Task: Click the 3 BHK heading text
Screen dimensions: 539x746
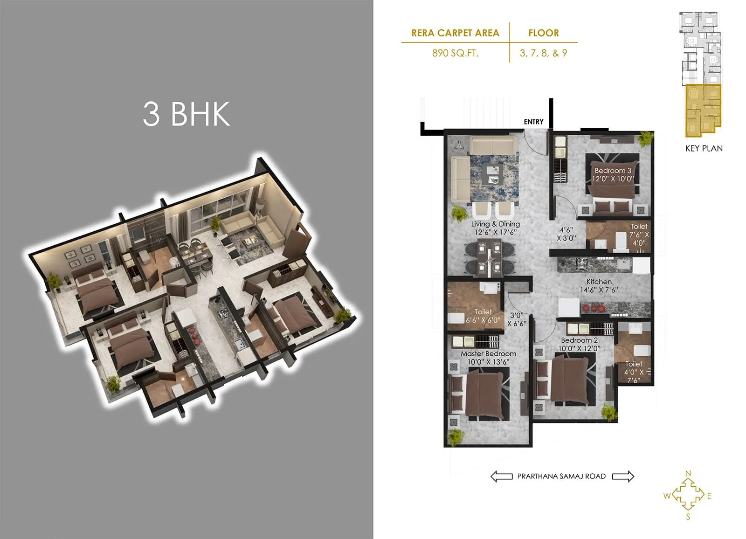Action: (x=186, y=113)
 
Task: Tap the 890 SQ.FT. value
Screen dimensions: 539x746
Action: (x=455, y=53)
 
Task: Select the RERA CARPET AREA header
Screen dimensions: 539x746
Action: (x=455, y=33)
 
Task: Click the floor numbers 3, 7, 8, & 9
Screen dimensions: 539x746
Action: (x=543, y=53)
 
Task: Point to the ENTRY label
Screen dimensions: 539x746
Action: (x=533, y=122)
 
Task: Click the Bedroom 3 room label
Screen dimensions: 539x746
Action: (x=613, y=174)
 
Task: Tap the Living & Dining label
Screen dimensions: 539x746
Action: (x=495, y=228)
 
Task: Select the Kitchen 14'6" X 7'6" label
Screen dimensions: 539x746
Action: (x=599, y=285)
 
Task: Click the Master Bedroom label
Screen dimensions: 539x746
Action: (x=488, y=358)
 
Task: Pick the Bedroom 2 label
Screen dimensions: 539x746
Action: (x=579, y=344)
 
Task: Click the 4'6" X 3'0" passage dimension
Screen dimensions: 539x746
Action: (x=566, y=234)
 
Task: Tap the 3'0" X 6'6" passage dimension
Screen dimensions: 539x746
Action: (x=517, y=319)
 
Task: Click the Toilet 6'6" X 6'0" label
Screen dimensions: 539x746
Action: (x=483, y=316)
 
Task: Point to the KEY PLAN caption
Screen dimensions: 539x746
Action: (x=704, y=148)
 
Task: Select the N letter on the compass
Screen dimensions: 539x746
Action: (x=688, y=474)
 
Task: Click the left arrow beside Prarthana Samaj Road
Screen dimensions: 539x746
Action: (x=501, y=476)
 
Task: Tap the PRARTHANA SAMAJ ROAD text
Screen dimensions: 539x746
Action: (x=561, y=476)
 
